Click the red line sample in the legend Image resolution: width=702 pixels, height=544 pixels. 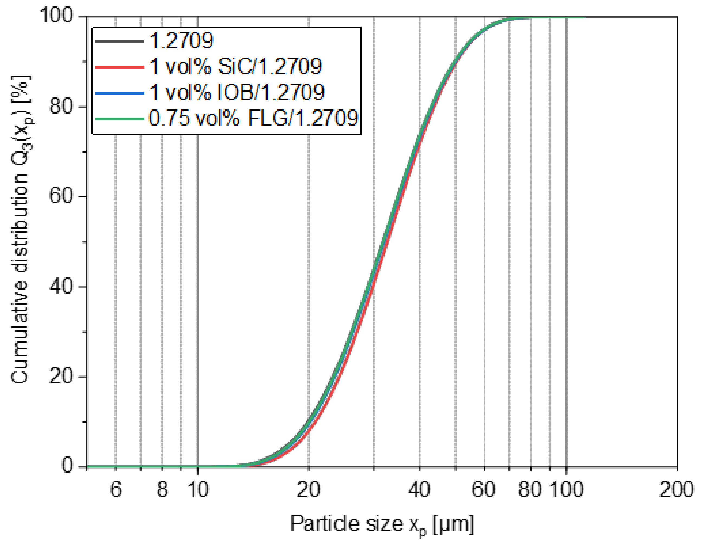(119, 67)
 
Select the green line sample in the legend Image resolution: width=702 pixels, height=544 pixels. (119, 119)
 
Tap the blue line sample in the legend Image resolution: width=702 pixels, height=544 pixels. (119, 93)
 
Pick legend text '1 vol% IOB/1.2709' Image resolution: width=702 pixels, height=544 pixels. (237, 92)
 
